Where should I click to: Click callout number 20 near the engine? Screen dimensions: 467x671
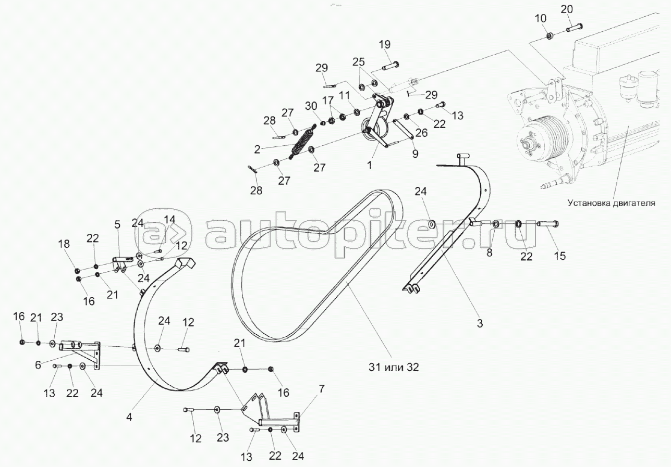click(567, 9)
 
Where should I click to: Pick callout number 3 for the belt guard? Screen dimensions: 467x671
click(480, 323)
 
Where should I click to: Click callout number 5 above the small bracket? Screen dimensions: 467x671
click(117, 225)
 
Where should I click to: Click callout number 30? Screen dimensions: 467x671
click(311, 105)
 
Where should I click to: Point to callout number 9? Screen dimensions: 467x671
click(415, 154)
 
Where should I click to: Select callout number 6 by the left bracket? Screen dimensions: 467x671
click(37, 365)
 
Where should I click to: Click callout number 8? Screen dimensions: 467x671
click(489, 253)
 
